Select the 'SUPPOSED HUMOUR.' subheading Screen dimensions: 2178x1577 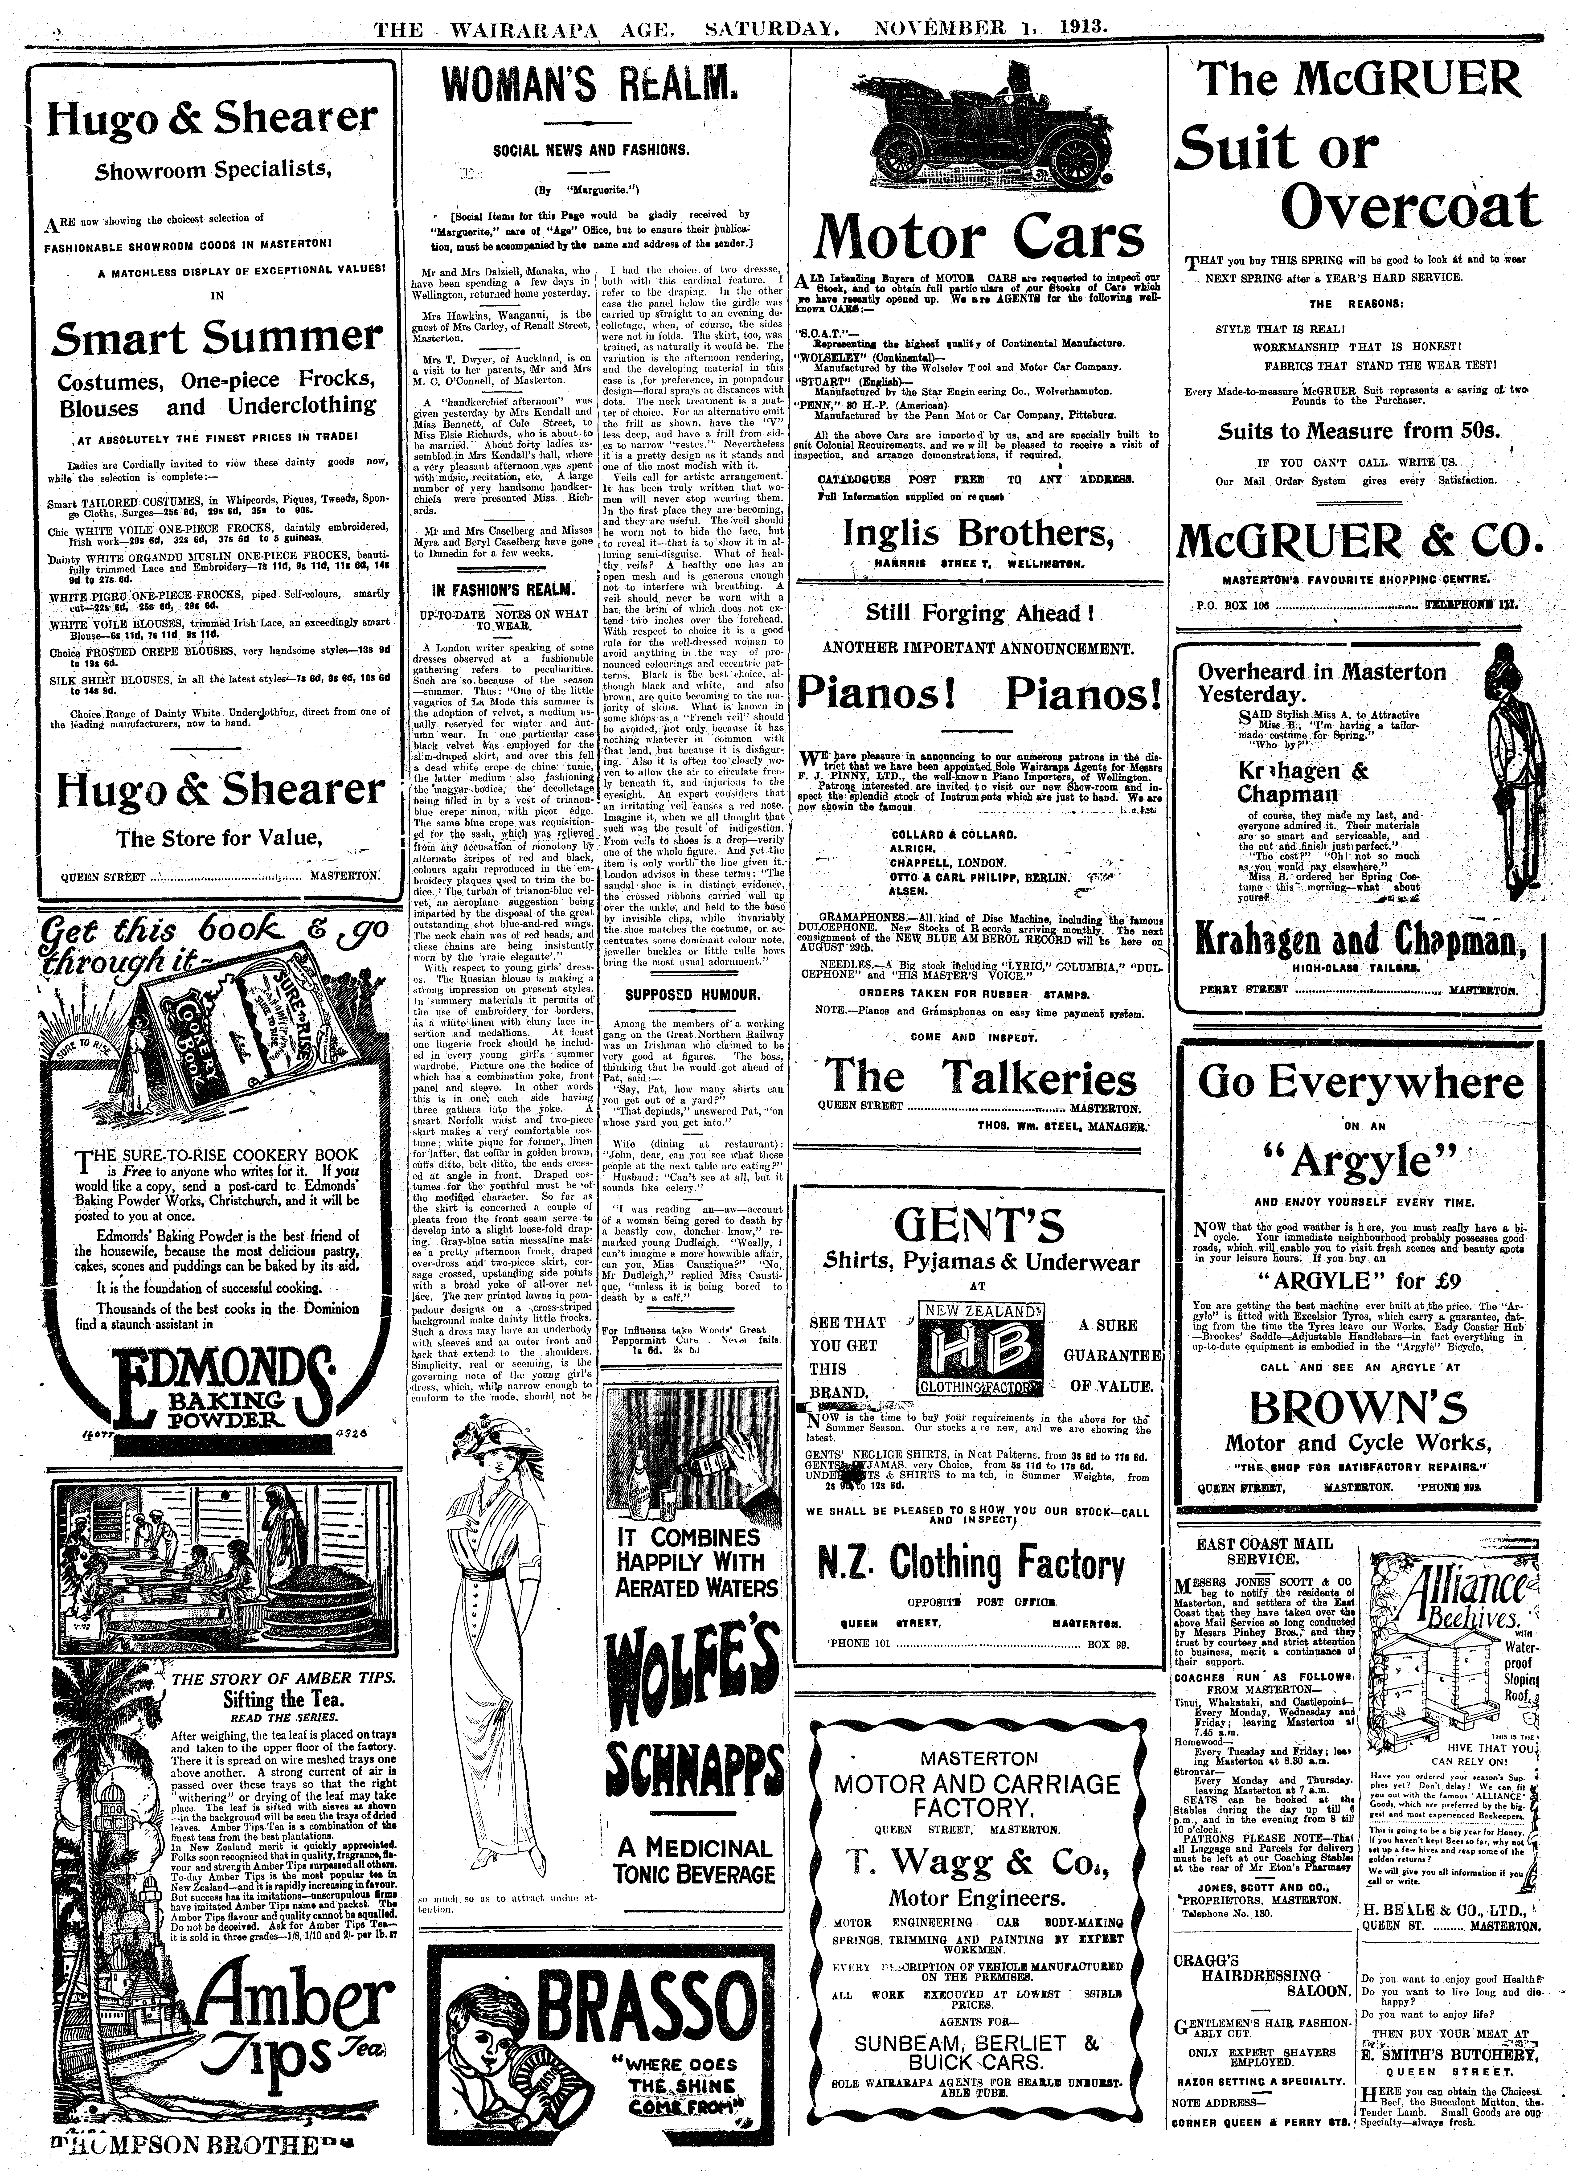(692, 993)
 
